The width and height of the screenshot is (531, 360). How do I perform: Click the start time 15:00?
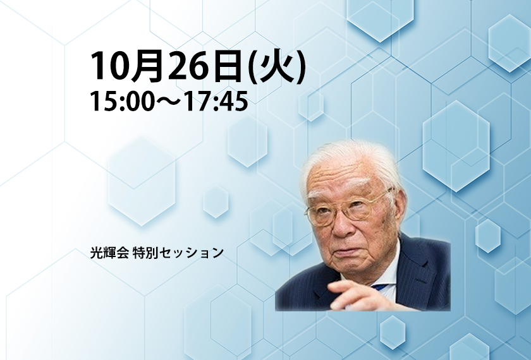(121, 102)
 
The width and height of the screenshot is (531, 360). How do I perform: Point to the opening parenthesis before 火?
(253, 66)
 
